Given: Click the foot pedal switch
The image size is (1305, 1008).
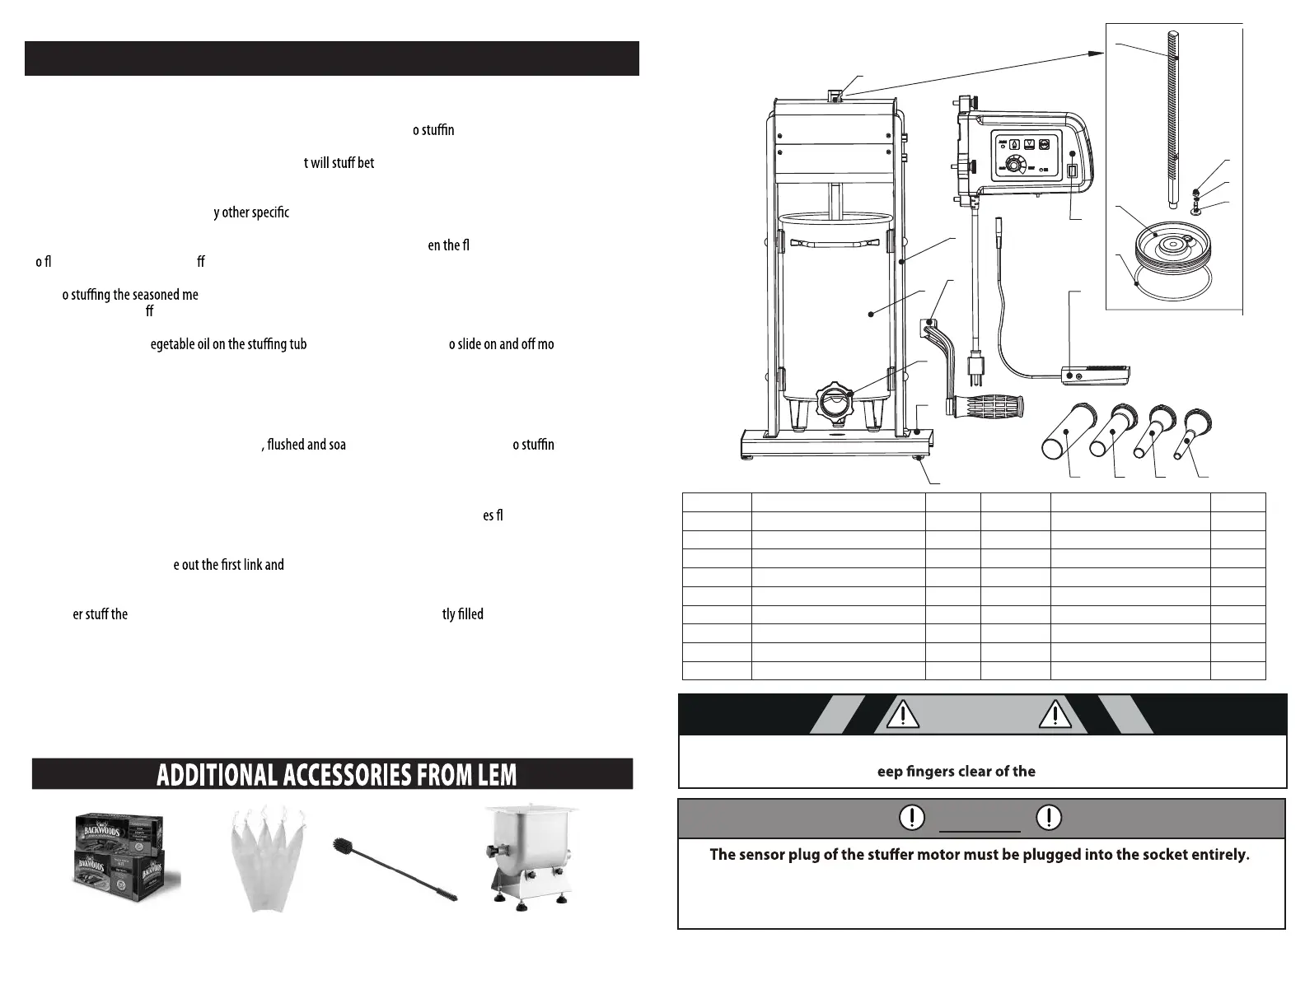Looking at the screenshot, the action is (x=1096, y=375).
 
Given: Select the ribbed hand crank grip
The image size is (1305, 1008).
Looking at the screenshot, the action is (x=987, y=407).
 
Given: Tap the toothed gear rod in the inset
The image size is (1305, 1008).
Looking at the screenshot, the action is (x=1172, y=115).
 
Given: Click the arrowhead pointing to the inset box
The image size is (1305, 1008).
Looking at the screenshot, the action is (x=1097, y=53).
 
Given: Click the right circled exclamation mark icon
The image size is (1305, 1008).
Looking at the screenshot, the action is (x=1048, y=817).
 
